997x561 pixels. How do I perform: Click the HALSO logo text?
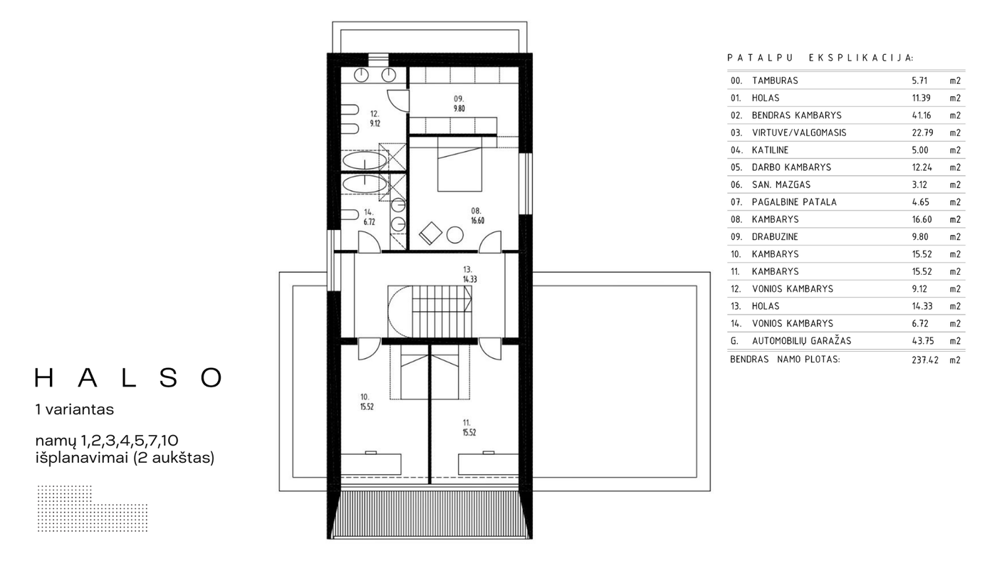(x=128, y=378)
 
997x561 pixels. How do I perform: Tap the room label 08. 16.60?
(x=477, y=216)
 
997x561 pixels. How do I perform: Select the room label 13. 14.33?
(x=469, y=274)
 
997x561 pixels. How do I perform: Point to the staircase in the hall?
(x=429, y=312)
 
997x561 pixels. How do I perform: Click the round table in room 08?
(x=455, y=234)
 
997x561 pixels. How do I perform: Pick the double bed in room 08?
(x=459, y=164)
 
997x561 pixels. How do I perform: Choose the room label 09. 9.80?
(x=459, y=104)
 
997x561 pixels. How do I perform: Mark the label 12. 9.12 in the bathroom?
(x=375, y=119)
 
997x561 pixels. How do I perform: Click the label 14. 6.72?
(x=369, y=217)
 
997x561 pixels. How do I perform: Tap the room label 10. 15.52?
(x=367, y=402)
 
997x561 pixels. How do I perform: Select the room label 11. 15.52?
(x=469, y=428)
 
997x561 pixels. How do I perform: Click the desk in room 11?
(x=489, y=463)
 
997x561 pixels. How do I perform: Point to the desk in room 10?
(x=371, y=463)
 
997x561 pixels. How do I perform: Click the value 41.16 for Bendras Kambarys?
(x=922, y=115)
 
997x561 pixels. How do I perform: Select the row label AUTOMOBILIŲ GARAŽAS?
(x=802, y=341)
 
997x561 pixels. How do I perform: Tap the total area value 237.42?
(x=925, y=360)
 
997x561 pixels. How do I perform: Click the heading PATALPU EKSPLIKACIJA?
(x=820, y=58)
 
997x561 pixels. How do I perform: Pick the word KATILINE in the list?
(x=770, y=150)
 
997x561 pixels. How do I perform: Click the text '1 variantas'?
(x=74, y=409)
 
